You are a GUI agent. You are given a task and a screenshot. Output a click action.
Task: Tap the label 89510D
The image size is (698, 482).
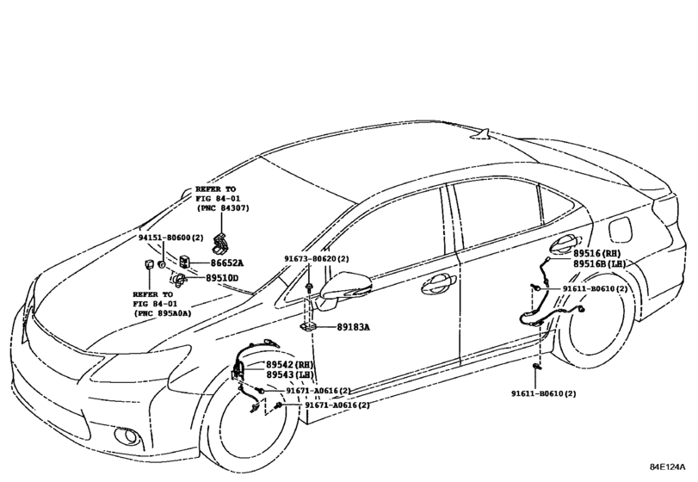[x=222, y=279]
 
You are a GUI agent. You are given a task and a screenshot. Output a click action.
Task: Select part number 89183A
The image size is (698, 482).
[x=354, y=327]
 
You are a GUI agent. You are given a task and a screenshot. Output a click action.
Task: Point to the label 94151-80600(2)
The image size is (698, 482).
[x=170, y=238]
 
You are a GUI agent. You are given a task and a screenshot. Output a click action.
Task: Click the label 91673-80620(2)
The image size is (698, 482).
[x=317, y=258]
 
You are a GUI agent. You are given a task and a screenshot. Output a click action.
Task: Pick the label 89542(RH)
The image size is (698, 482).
[x=290, y=365]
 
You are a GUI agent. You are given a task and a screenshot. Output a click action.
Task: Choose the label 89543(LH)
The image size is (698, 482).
[x=290, y=375]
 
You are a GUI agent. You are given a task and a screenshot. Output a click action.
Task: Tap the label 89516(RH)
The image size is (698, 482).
[x=596, y=253]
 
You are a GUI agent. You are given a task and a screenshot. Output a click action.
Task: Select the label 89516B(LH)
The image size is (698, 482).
[x=599, y=264]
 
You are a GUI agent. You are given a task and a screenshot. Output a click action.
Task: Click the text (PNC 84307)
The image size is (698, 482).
[x=223, y=208]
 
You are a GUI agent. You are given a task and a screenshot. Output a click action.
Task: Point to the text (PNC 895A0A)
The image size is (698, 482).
[x=163, y=313]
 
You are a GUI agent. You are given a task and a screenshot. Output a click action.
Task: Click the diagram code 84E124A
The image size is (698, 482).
[x=667, y=467]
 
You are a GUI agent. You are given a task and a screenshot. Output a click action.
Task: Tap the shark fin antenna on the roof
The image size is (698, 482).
[x=481, y=134]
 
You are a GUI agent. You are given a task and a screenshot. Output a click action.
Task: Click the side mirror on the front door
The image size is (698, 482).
[x=343, y=287]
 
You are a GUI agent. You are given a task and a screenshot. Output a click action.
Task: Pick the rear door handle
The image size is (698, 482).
[x=564, y=243]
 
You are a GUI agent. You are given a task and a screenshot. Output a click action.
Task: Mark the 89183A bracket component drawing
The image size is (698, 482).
[x=307, y=327]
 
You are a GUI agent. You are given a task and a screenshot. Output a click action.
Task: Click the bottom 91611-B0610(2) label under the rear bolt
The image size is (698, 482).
[x=543, y=394]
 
